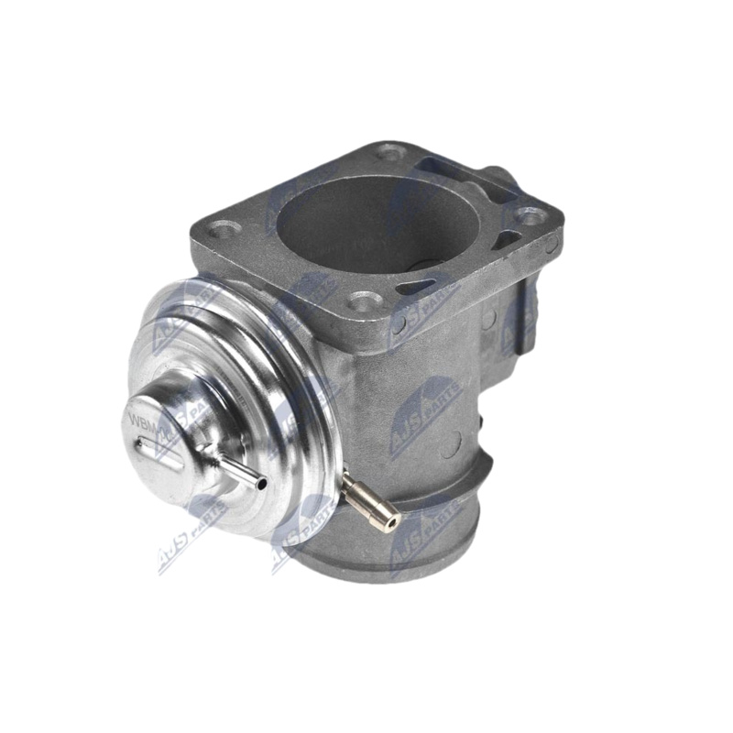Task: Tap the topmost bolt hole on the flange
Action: point(389,151)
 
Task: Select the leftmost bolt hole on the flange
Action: point(224,228)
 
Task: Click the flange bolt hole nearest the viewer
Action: point(365,301)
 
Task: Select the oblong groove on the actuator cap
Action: point(160,454)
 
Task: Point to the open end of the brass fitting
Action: point(391,521)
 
